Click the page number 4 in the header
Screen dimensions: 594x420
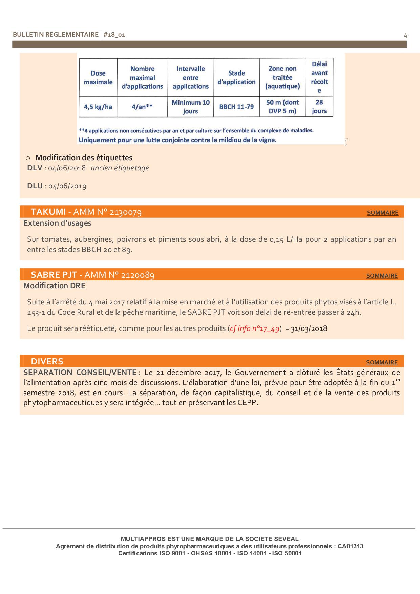405,35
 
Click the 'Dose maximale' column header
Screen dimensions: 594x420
98,78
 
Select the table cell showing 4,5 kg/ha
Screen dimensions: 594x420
98,107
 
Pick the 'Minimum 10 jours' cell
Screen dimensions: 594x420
191,107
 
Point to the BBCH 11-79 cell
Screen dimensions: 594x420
236,107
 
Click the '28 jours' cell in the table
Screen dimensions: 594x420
319,107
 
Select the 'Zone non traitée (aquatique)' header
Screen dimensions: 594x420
282,78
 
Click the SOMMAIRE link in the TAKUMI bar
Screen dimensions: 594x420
382,213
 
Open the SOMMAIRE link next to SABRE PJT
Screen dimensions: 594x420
382,276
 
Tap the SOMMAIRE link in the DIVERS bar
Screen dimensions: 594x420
382,362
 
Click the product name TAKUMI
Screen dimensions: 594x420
48,212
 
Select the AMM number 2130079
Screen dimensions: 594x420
126,212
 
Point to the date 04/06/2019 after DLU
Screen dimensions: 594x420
67,186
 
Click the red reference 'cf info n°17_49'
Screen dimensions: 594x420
255,328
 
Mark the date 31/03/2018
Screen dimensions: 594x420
309,328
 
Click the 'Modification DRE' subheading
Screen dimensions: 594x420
55,285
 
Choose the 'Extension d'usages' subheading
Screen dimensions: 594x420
57,223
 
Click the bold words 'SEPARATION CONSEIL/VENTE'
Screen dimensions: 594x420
80,373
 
